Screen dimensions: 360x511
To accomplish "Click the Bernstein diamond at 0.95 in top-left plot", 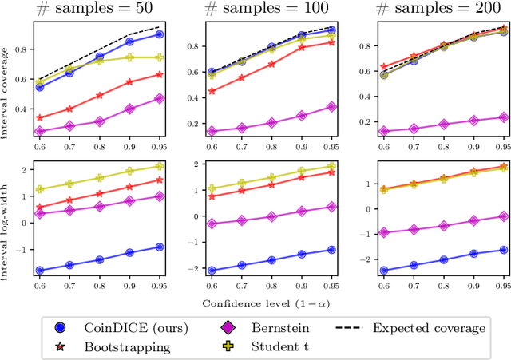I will pos(159,99).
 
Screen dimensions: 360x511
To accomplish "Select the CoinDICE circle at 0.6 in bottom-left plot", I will pos(40,271).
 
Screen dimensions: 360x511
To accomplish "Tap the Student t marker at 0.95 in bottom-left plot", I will pos(159,167).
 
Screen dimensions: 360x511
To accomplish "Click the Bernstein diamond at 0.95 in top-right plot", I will pos(503,117).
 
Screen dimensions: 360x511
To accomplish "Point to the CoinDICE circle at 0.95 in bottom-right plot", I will pos(503,250).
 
